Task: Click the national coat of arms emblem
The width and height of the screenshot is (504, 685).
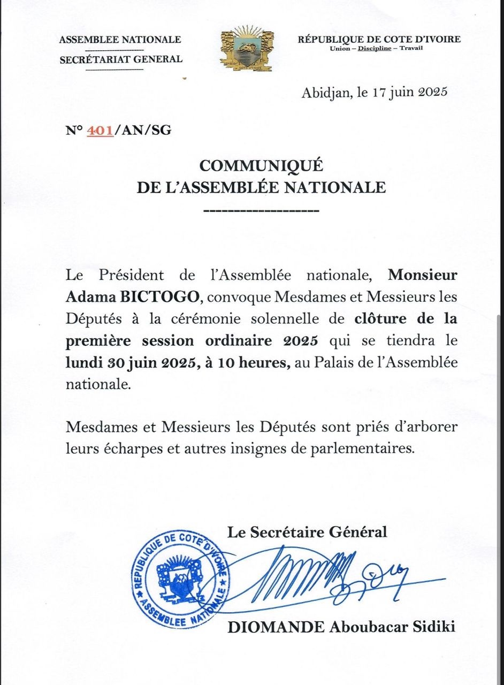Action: (x=247, y=48)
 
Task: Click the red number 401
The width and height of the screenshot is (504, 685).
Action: (x=100, y=130)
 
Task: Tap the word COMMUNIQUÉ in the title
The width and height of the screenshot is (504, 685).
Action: (x=261, y=166)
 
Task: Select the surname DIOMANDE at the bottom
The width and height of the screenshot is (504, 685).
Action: (x=276, y=627)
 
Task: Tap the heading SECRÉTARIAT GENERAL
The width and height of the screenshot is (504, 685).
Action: (x=121, y=59)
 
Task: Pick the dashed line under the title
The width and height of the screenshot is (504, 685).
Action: (x=262, y=211)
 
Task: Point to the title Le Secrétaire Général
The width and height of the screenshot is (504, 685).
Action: (x=307, y=532)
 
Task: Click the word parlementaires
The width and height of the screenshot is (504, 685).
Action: (x=362, y=448)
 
